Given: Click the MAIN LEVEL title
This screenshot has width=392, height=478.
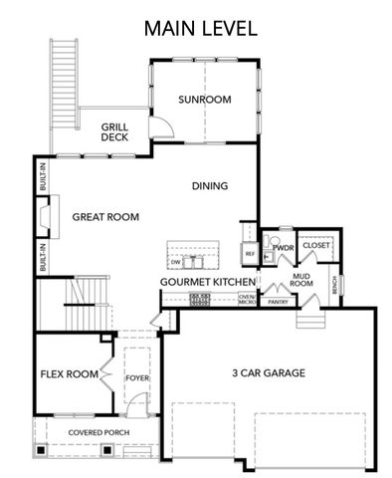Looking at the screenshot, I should pyautogui.click(x=200, y=28).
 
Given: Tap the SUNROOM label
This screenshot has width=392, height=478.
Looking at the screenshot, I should pyautogui.click(x=204, y=100).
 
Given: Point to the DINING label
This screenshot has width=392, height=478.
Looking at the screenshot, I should pyautogui.click(x=209, y=185).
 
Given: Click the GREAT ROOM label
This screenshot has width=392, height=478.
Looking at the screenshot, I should pyautogui.click(x=104, y=216).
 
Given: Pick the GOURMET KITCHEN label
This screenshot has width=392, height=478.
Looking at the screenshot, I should pyautogui.click(x=208, y=283).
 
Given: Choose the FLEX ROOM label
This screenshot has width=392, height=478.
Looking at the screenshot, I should pyautogui.click(x=69, y=374).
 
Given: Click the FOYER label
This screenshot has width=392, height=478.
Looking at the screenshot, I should pyautogui.click(x=135, y=378).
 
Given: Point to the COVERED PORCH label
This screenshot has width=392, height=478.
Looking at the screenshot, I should pyautogui.click(x=98, y=432).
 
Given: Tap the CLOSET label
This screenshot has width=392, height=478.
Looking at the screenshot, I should pyautogui.click(x=316, y=244).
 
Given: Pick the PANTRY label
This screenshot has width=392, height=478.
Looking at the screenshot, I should pyautogui.click(x=278, y=301).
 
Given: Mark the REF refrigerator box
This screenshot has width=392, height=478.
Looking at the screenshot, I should pyautogui.click(x=250, y=254).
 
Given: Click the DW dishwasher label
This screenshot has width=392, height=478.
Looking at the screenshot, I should pyautogui.click(x=175, y=262).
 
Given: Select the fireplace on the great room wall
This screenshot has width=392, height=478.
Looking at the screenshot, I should pyautogui.click(x=43, y=217).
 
